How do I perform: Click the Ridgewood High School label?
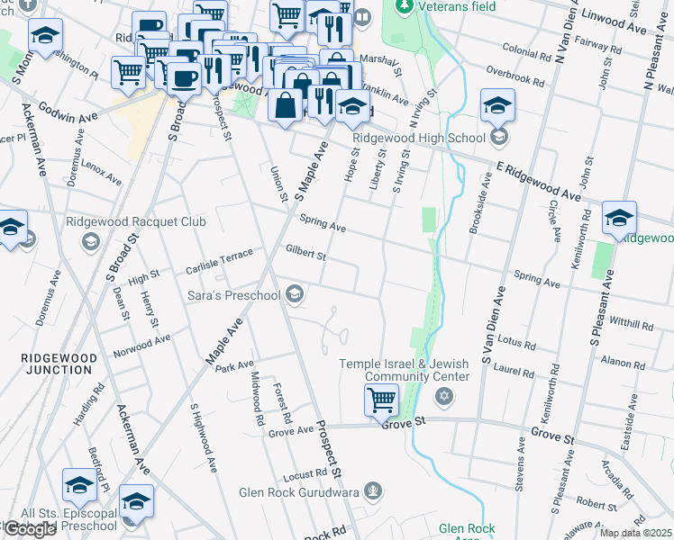tap(419, 138)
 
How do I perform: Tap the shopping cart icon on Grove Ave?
tap(381, 400)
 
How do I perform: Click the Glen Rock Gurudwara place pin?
tap(375, 492)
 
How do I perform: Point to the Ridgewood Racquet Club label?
tap(135, 221)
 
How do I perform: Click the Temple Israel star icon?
tap(443, 396)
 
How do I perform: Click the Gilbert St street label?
tap(305, 254)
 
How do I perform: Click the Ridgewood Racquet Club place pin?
tap(90, 241)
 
